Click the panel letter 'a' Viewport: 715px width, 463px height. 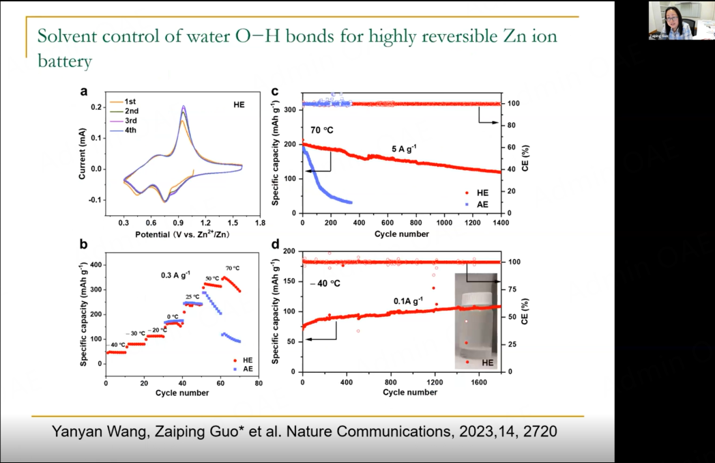83,92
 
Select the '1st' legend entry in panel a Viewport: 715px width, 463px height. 130,102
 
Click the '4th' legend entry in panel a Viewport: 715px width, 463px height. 130,129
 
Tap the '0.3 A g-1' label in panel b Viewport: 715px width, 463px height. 175,275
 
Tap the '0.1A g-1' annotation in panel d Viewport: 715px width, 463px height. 409,300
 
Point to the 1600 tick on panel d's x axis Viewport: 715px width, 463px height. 480,382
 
